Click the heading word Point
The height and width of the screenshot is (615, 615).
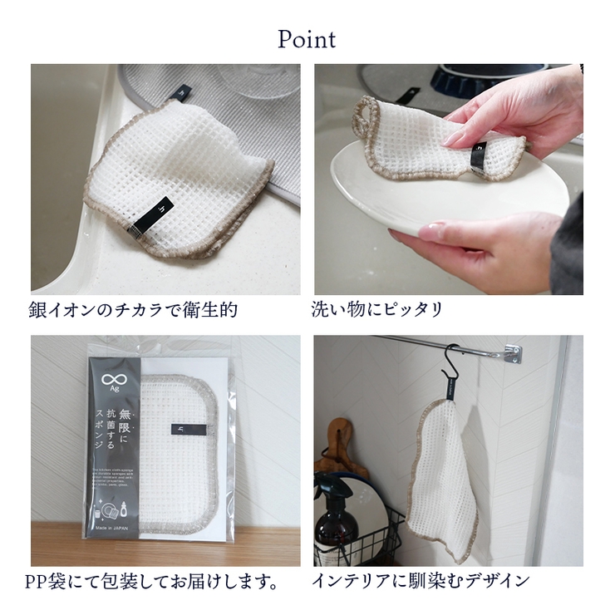pyautogui.click(x=307, y=39)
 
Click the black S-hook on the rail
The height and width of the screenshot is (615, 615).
pyautogui.click(x=453, y=370)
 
